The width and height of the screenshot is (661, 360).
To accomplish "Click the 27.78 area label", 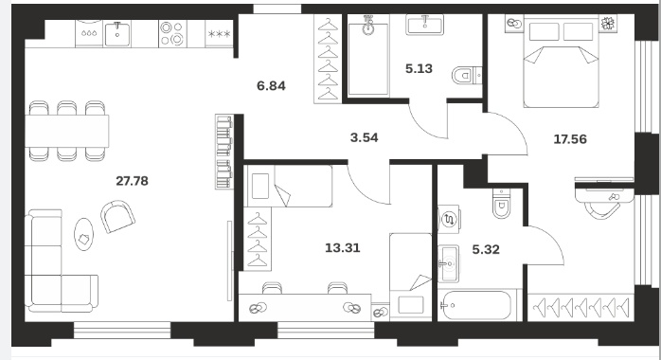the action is [132, 181].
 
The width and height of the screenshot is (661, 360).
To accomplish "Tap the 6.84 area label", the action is [271, 86].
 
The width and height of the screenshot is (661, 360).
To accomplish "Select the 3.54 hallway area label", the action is [365, 137].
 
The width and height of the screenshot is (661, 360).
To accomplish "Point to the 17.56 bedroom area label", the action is [570, 139].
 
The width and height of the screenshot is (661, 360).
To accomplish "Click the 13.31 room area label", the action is [343, 248].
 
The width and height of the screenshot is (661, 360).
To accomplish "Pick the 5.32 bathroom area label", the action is [486, 249].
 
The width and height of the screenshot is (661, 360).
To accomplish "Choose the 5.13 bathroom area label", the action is [419, 69].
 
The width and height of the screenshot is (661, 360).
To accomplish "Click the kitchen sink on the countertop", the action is [117, 33].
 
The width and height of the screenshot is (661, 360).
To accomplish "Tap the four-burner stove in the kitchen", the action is [172, 33].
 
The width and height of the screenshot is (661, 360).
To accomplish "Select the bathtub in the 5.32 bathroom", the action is [475, 305].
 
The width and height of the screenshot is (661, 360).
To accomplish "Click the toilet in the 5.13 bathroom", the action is [467, 77].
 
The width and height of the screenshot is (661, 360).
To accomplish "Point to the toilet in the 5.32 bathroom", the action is [502, 203].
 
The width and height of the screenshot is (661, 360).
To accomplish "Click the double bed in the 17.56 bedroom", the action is [561, 62].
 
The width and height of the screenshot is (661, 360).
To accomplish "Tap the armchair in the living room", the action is [117, 216].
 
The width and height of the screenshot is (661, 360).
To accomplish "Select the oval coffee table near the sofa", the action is [84, 235].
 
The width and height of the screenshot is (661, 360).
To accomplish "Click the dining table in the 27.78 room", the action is [67, 131].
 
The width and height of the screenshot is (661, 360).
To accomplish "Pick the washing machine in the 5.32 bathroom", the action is [449, 219].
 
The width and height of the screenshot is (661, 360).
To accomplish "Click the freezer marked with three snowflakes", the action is [219, 33].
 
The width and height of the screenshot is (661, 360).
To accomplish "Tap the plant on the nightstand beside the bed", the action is [607, 23].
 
